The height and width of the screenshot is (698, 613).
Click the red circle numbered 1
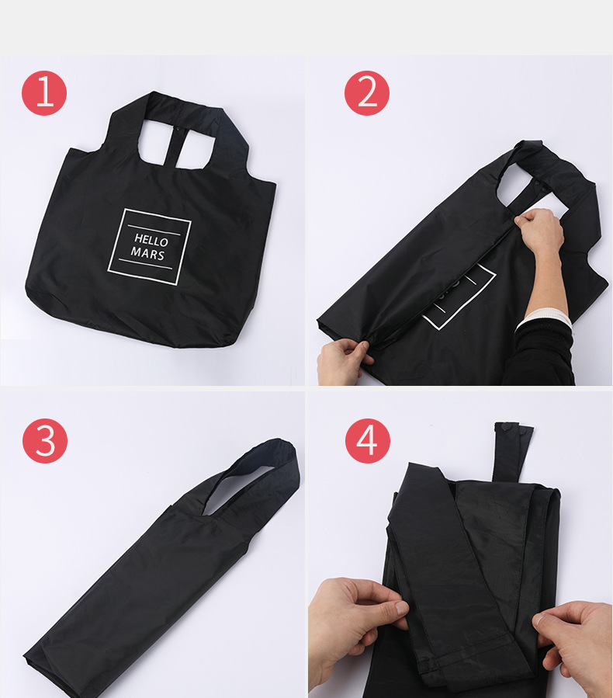(x=44, y=93)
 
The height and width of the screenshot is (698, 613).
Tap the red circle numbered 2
(x=367, y=93)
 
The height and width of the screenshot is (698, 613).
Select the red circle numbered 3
(x=45, y=441)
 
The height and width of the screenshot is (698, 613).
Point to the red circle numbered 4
(x=368, y=441)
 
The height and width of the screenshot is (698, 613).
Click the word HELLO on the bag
(x=151, y=241)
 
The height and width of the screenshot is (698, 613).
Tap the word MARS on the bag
(x=147, y=253)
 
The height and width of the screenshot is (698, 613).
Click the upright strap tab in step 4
(x=511, y=452)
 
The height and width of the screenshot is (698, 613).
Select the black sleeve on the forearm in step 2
(x=541, y=354)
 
